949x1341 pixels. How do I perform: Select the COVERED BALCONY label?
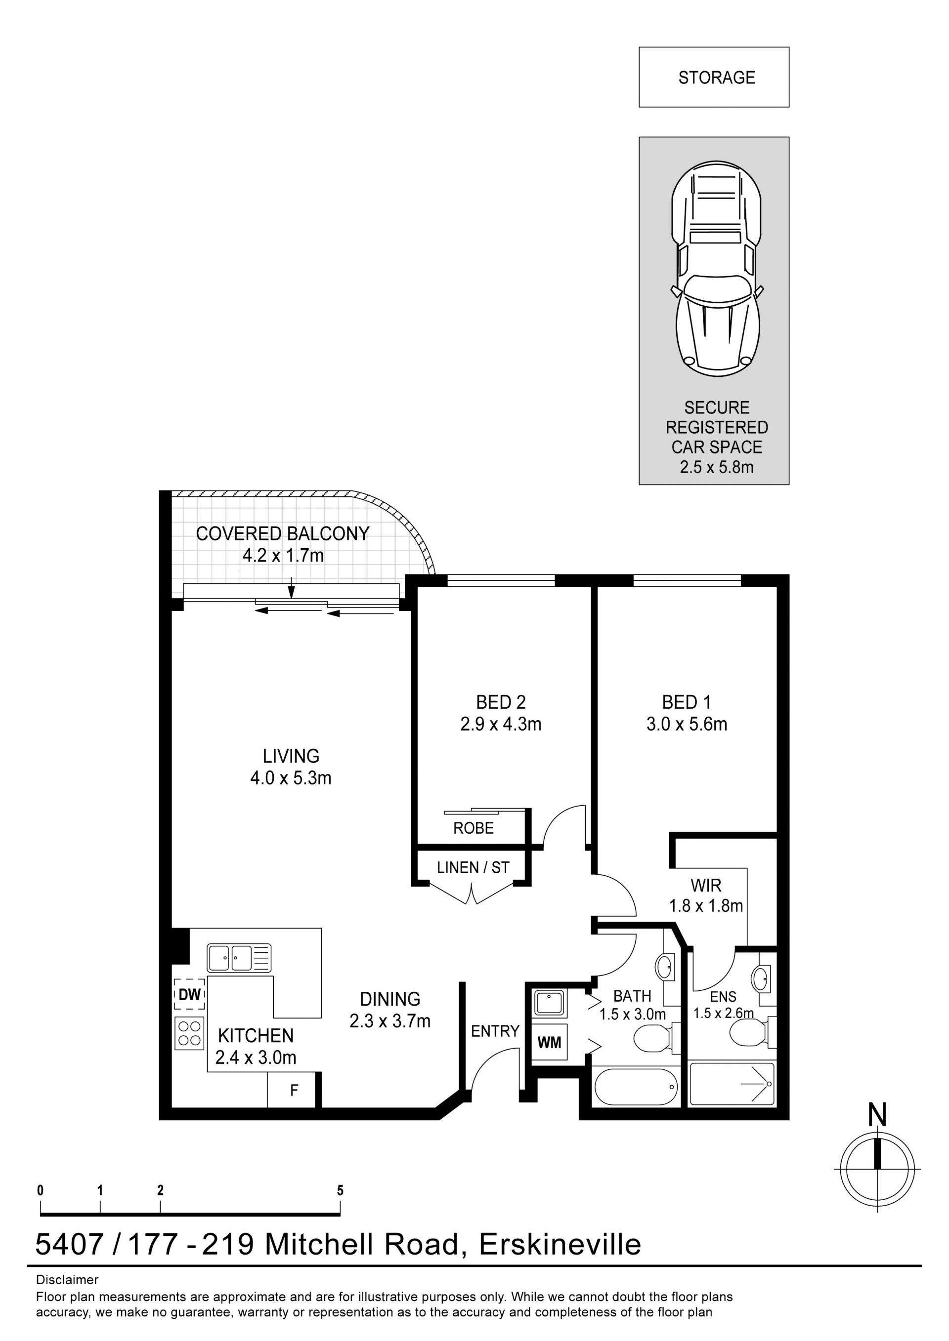(282, 533)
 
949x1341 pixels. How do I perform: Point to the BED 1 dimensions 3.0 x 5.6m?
(687, 724)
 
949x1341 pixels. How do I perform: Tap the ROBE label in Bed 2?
(474, 828)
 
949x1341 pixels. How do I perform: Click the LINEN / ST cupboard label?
(474, 867)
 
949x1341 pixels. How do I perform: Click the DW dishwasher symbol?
(189, 995)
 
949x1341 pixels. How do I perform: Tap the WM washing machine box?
(549, 1042)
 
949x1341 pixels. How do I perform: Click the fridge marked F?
(295, 1090)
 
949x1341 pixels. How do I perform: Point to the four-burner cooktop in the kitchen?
(189, 1033)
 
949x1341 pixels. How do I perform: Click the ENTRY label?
(495, 1031)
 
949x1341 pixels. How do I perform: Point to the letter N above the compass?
(877, 1116)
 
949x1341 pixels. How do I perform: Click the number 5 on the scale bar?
(340, 1190)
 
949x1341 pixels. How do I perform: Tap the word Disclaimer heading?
(67, 1279)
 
